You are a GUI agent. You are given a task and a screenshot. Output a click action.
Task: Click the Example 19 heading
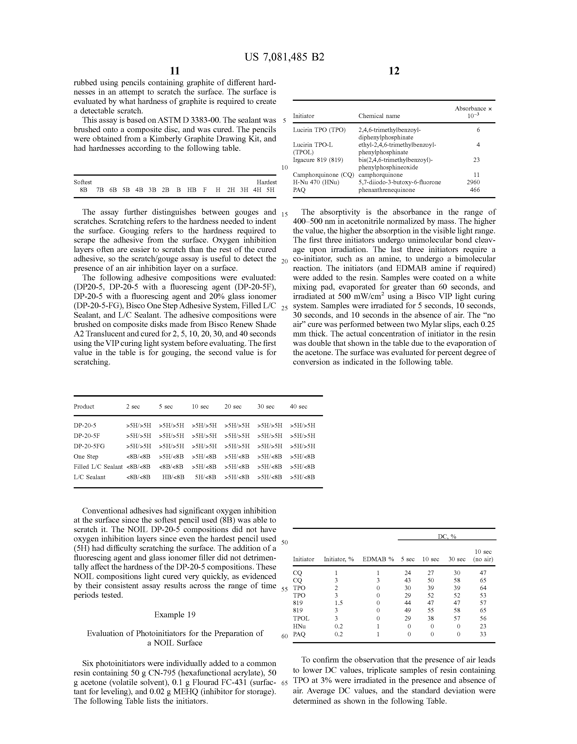tap(175, 615)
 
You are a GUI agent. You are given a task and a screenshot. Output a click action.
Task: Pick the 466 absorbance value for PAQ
tap(475, 190)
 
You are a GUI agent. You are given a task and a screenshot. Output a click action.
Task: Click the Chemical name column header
tap(379, 116)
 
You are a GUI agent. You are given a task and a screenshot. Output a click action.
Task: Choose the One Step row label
tap(86, 457)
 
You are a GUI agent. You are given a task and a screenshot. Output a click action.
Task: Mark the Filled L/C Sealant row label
tap(98, 467)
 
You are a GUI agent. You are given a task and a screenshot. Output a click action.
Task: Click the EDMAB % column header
tap(378, 559)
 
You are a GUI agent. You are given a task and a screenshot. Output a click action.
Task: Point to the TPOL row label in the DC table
tap(301, 618)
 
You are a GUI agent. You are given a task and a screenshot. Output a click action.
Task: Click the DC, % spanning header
tap(447, 537)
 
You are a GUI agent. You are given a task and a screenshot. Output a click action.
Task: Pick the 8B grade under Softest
tap(83, 190)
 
